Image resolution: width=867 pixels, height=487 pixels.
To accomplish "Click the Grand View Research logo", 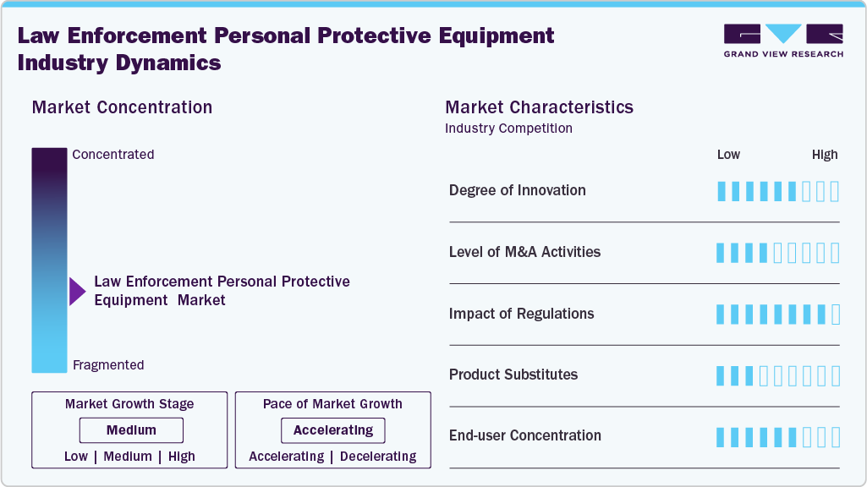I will [x=783, y=41].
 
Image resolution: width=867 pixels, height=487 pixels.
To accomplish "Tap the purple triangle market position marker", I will [x=77, y=292].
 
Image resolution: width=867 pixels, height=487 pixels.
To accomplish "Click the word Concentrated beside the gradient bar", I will [x=113, y=155].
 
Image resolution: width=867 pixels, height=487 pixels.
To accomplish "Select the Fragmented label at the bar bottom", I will [x=108, y=365].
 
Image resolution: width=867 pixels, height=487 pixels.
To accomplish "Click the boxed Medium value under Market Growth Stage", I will [x=131, y=430].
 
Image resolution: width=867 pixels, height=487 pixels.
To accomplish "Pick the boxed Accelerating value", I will [x=332, y=430].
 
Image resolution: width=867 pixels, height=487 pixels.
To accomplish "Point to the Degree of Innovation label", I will [x=517, y=190].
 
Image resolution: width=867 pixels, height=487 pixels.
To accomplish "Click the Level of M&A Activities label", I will [x=524, y=252].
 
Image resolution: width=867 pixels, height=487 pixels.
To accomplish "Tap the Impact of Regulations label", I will [x=521, y=314].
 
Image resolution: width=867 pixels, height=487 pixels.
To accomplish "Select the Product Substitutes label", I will [x=513, y=375].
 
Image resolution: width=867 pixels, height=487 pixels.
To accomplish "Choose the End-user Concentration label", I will [x=524, y=435].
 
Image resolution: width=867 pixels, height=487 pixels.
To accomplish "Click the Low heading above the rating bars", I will [x=728, y=155].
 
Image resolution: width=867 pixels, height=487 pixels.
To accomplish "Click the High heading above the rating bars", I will [x=825, y=155].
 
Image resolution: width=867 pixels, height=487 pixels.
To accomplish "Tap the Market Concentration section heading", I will [x=122, y=107].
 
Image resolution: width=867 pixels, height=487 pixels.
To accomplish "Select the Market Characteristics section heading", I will [x=539, y=107].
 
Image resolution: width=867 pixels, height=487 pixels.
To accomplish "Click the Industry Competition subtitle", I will [x=508, y=129].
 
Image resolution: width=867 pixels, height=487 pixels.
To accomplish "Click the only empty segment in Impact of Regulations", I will [x=836, y=315].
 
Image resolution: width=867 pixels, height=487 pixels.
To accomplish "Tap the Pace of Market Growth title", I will [x=332, y=404].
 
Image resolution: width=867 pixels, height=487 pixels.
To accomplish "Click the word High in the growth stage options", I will [x=182, y=457].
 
